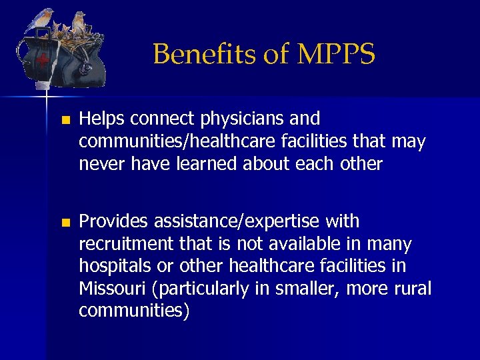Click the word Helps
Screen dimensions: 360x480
click(102, 119)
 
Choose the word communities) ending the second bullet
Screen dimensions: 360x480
click(134, 311)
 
